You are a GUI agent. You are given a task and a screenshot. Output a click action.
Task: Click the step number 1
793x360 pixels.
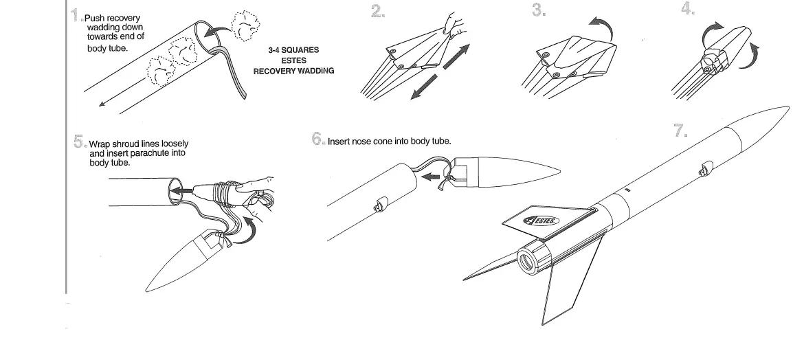coord(76,15)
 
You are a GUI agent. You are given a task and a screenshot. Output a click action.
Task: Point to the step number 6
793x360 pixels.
coord(317,139)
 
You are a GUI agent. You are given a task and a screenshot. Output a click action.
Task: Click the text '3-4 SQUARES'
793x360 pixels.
coord(293,51)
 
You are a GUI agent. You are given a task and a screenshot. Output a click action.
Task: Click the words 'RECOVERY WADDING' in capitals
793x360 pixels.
coord(293,71)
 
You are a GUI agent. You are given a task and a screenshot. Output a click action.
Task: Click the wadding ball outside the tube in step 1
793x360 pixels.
coord(245,25)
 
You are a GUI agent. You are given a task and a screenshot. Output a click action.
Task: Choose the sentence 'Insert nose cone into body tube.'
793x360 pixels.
coord(389,142)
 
